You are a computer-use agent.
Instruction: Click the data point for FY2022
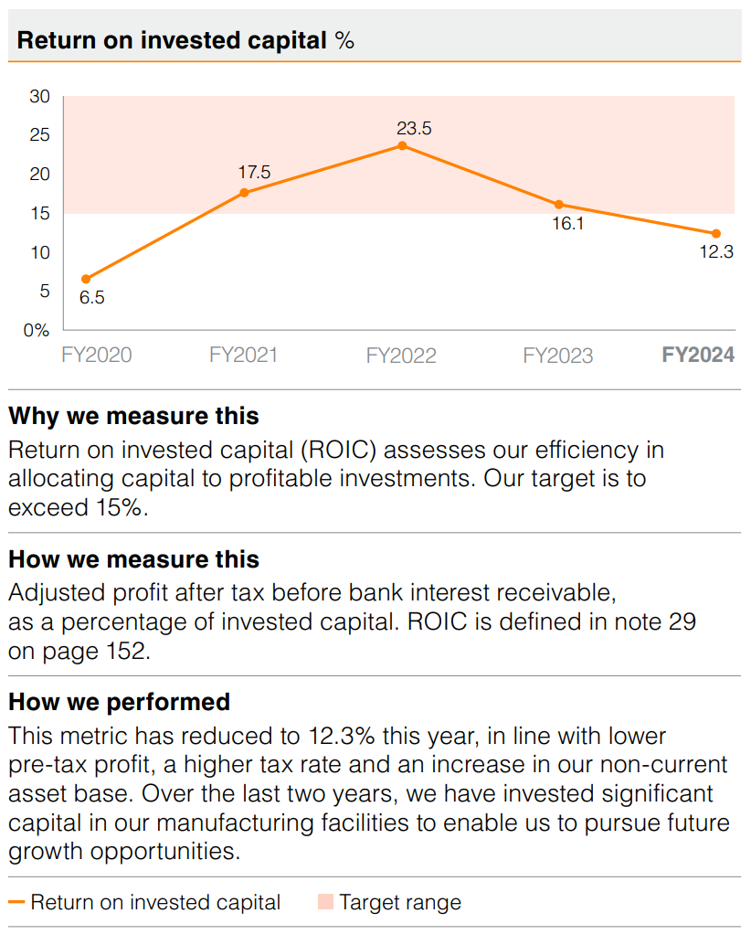pos(402,145)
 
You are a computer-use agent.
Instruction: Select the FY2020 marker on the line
pos(86,279)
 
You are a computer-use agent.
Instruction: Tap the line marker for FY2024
pos(716,233)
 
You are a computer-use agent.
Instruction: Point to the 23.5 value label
pos(414,128)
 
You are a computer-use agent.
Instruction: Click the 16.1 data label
pos(567,223)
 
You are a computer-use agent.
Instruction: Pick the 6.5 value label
pos(91,298)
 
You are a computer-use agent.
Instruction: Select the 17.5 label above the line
pos(254,173)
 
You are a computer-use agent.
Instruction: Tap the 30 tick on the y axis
pos(39,97)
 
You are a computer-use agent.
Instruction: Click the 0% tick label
pos(37,331)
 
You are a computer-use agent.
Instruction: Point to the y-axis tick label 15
pos(39,214)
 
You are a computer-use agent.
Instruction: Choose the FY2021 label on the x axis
pos(243,356)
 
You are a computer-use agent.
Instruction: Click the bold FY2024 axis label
pos(698,356)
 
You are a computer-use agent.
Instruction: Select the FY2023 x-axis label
pos(557,356)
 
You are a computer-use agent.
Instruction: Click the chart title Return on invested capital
pos(172,41)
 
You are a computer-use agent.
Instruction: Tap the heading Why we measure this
pos(133,417)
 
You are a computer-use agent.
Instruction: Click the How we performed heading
pos(119,702)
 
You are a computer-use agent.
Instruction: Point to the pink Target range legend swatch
pos(325,903)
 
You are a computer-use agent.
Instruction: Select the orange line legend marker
pos(16,903)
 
